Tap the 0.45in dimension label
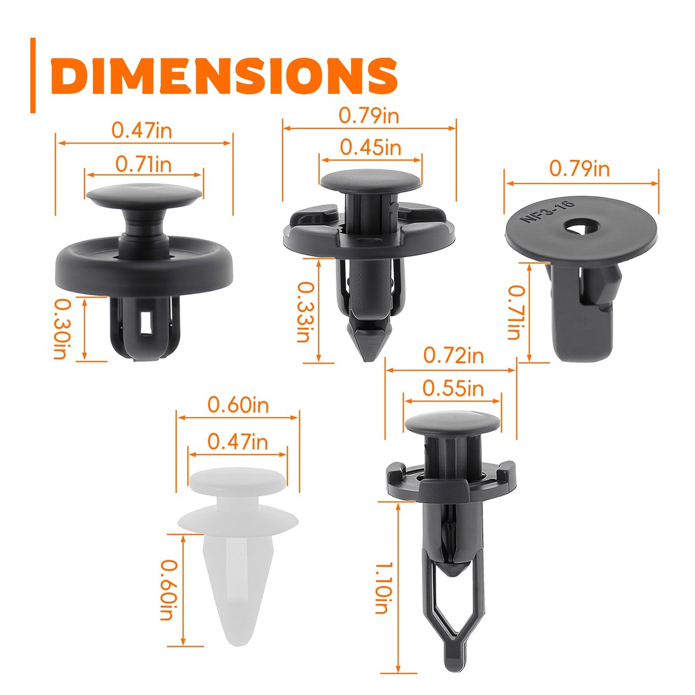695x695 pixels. point(370,147)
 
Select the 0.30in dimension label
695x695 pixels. point(60,328)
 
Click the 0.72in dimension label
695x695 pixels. point(453,354)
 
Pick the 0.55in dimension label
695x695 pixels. point(452,387)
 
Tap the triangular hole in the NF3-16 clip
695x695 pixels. point(581,227)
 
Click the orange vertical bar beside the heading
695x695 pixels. point(33,75)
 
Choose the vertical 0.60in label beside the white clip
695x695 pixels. point(167,590)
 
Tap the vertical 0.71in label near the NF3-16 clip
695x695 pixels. point(514,313)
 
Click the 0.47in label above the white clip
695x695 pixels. point(237,442)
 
